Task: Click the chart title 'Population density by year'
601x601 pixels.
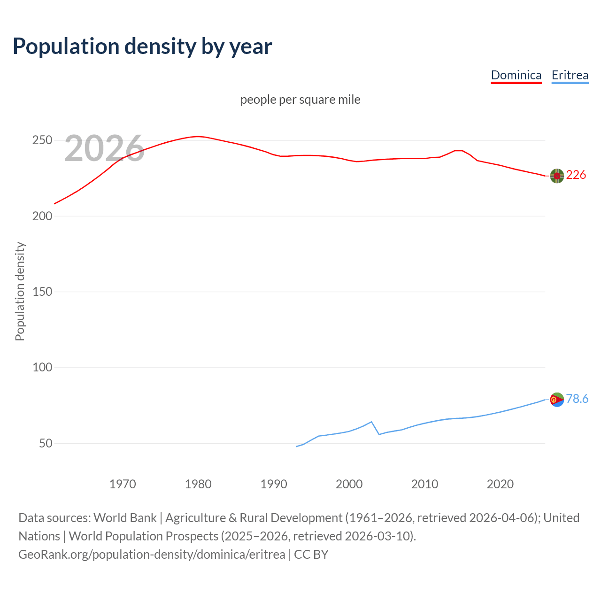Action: tap(142, 46)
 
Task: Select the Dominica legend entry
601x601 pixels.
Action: tap(516, 75)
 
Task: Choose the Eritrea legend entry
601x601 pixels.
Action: tap(570, 75)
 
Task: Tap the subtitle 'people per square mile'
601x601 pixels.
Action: tap(300, 100)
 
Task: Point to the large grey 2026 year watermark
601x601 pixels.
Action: tap(104, 148)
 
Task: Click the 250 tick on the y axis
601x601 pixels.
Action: tap(42, 140)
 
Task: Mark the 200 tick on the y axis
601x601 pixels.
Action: tap(42, 216)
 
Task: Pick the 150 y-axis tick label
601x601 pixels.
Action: tap(42, 292)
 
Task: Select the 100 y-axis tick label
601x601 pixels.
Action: tap(42, 367)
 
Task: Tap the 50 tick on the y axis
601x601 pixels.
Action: tap(46, 443)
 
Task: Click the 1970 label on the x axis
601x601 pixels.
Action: tap(123, 484)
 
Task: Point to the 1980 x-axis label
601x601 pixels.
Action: tap(198, 484)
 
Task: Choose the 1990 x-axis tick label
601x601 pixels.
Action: tap(274, 484)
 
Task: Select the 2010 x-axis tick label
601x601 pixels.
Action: tap(424, 484)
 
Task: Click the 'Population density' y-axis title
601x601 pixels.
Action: tap(20, 291)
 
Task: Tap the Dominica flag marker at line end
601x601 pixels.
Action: tap(557, 176)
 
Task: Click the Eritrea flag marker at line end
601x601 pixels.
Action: tap(557, 400)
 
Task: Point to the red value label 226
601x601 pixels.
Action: tap(576, 175)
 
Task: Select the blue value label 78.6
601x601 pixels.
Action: tap(577, 399)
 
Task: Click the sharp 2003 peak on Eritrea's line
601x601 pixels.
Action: tap(371, 422)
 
